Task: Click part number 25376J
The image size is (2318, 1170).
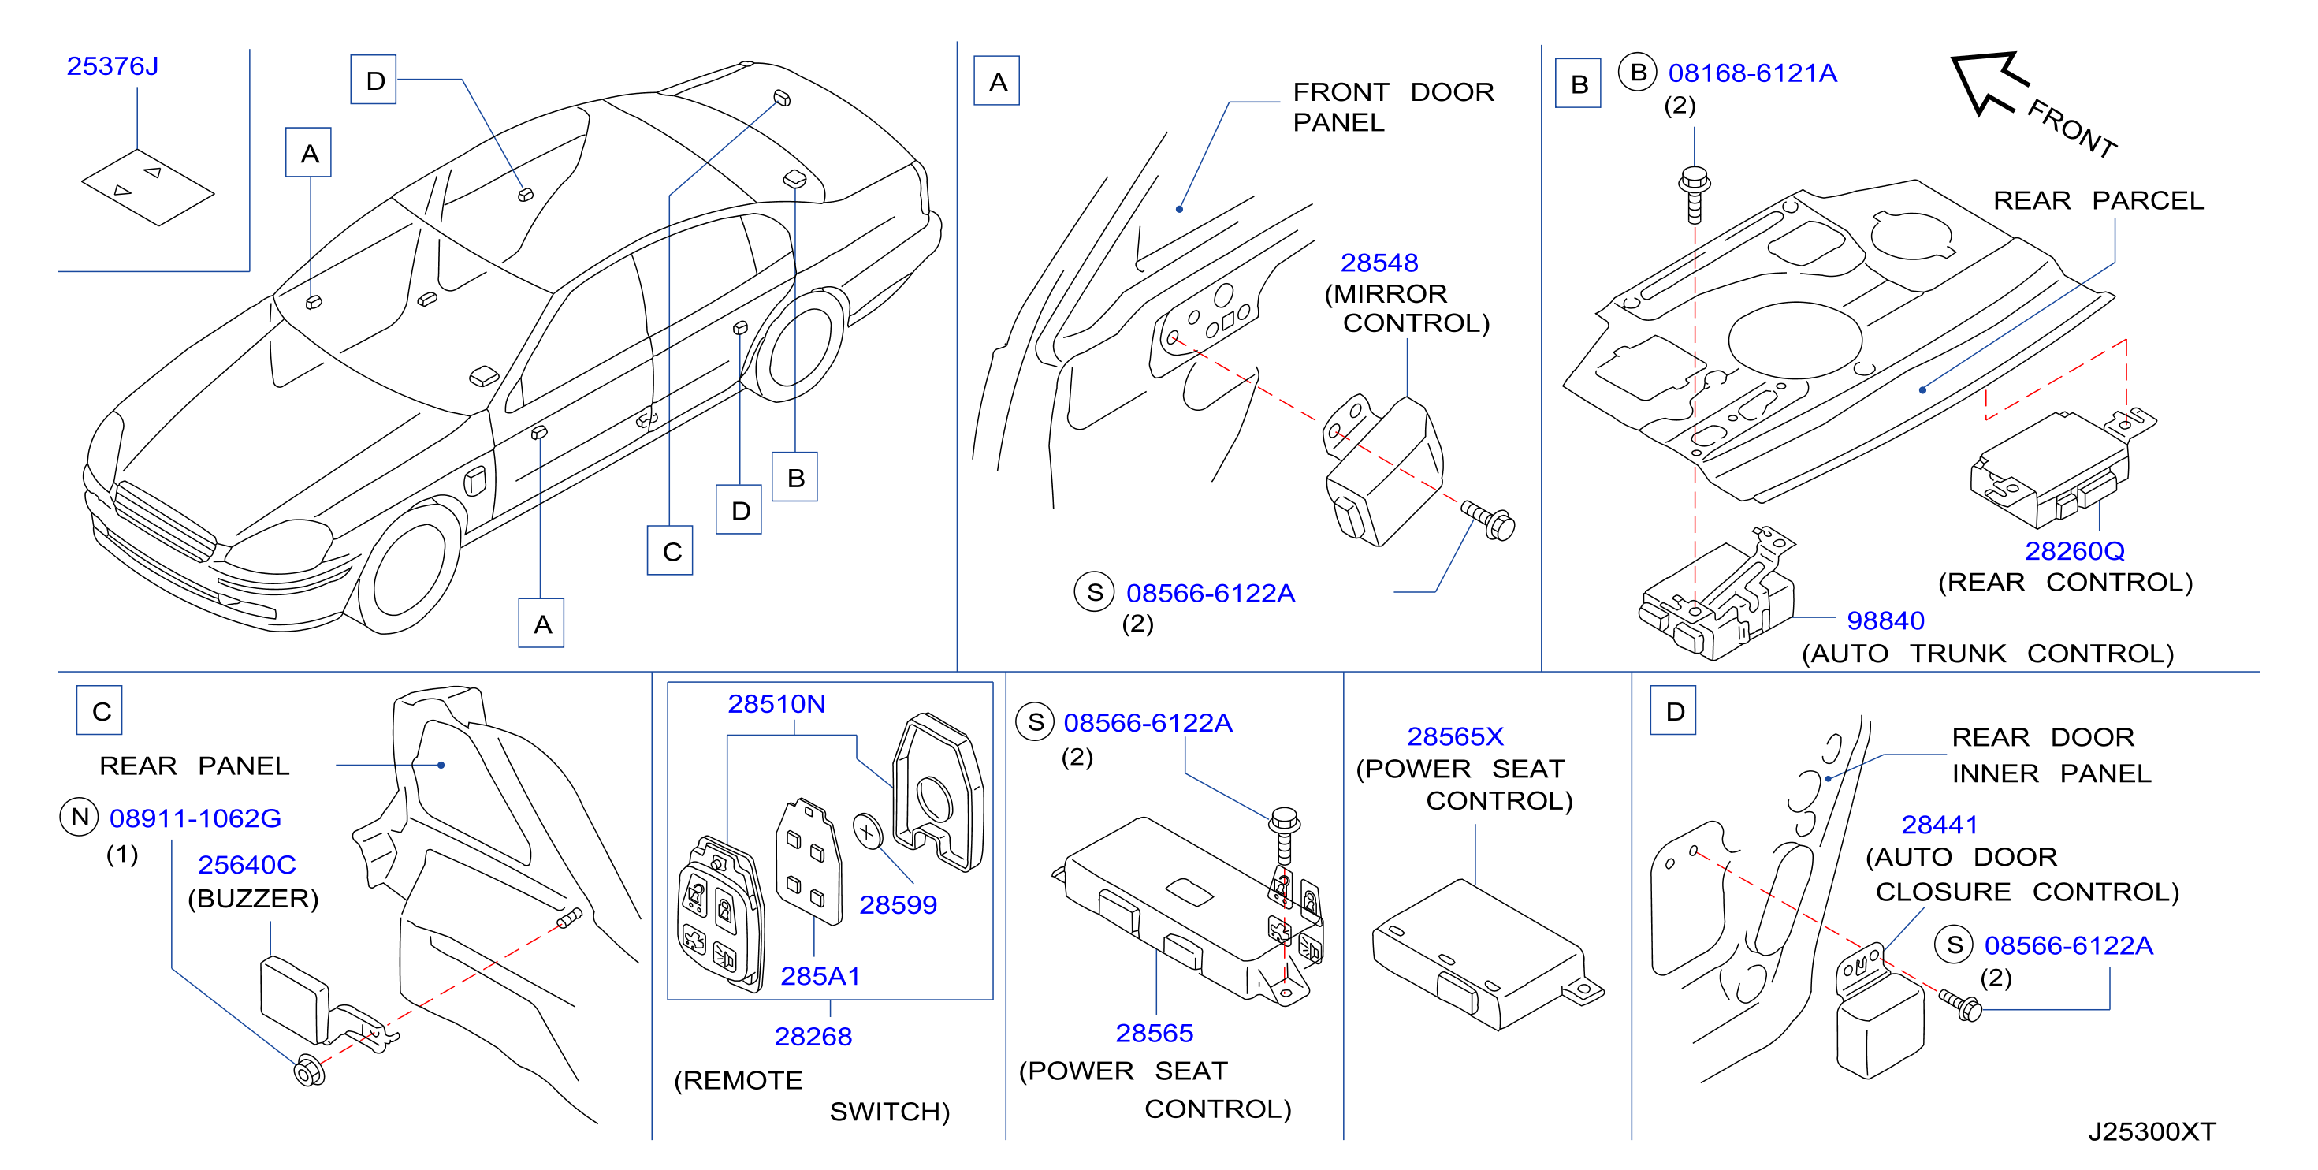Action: [x=113, y=66]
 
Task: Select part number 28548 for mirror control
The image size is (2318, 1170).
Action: [x=1379, y=263]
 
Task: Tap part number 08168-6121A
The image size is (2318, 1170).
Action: [x=1752, y=73]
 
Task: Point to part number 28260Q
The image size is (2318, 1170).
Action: [x=2074, y=551]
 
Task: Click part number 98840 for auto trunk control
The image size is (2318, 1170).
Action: [x=1885, y=621]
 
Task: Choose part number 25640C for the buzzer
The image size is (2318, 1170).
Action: [x=247, y=865]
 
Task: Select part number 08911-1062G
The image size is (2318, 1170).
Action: [x=195, y=818]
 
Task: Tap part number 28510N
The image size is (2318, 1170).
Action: [x=776, y=704]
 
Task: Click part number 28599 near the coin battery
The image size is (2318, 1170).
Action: [x=898, y=904]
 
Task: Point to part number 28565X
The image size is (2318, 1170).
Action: [x=1455, y=736]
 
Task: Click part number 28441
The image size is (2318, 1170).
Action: [x=1939, y=825]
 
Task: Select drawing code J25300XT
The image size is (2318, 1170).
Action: [x=2152, y=1131]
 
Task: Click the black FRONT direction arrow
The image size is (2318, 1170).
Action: [x=1987, y=82]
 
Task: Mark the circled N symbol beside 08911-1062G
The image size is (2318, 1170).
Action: [x=79, y=818]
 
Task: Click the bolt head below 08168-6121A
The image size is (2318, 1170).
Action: [x=1695, y=179]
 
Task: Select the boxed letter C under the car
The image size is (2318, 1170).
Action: [x=671, y=551]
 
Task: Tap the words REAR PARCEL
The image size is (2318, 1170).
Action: [x=2098, y=201]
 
